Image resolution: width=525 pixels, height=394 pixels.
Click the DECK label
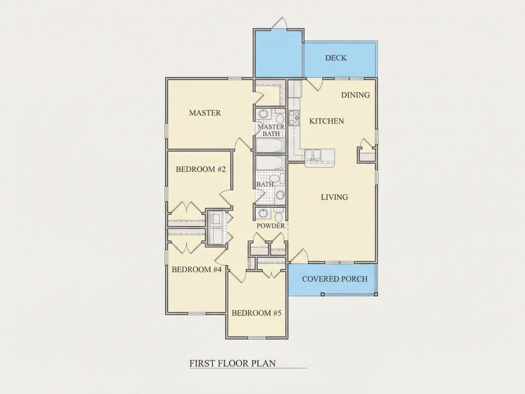[x=336, y=58]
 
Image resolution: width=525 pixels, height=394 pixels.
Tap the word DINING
[x=356, y=95]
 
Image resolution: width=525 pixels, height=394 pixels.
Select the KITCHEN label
[x=326, y=121]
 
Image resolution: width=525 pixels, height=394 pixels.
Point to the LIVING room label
[x=335, y=197]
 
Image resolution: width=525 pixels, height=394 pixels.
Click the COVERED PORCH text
[x=335, y=279]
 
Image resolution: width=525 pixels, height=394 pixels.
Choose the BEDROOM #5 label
[x=256, y=313]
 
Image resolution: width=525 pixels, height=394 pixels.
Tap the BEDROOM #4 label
[x=197, y=270]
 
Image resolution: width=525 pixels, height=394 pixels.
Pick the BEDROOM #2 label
[x=201, y=169]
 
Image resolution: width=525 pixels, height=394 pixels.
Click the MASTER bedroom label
[x=205, y=113]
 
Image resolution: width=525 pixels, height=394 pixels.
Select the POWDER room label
[x=271, y=226]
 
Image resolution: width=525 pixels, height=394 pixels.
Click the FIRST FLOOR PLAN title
[x=233, y=363]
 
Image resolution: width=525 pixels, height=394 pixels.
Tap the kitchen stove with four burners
[x=294, y=117]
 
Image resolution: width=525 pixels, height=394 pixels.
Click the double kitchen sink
[x=313, y=154]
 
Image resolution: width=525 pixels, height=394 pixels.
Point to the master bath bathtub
[x=271, y=145]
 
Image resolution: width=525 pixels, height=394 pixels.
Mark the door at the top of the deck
[x=279, y=23]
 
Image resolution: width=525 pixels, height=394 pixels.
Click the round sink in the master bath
[x=263, y=114]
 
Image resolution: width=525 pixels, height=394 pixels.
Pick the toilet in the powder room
[x=279, y=214]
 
